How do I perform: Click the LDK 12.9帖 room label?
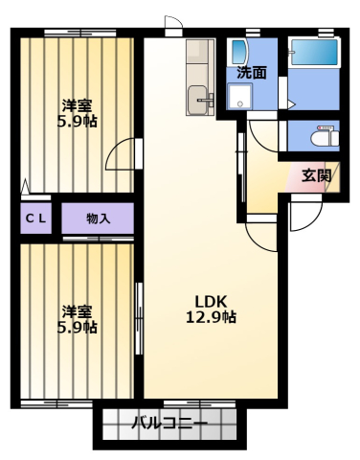point(211,310)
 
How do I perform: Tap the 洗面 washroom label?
point(251,73)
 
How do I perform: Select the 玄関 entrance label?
point(316,175)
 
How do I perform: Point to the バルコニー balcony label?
point(169,424)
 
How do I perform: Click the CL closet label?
point(36,218)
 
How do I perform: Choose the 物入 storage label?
point(99,218)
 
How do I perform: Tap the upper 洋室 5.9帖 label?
point(78,113)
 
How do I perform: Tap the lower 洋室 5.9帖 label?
point(78,319)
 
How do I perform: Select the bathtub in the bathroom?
point(315,53)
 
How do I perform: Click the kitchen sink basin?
point(197,100)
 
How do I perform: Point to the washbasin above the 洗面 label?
point(238,52)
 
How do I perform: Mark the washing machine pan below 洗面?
point(239,96)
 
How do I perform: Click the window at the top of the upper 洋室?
point(79,33)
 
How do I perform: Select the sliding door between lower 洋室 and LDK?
point(139,318)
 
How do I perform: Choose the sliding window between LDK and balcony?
point(199,404)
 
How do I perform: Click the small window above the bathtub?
point(326,33)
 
